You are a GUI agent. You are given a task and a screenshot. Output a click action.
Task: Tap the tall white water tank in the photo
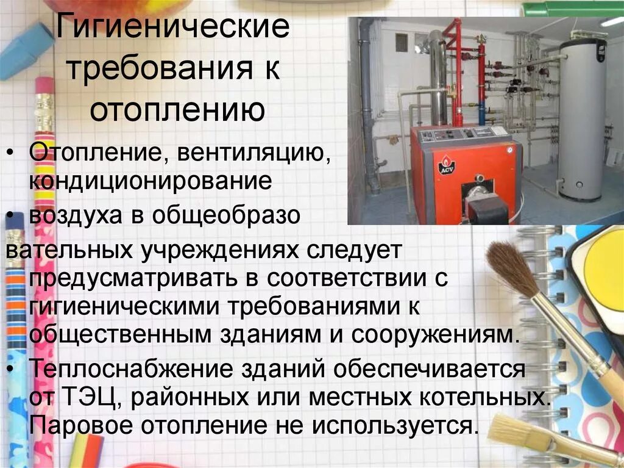[x=582, y=116]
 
